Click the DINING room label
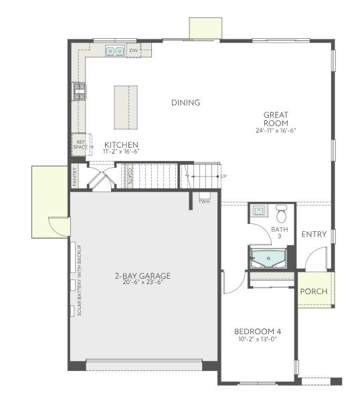tap(185, 102)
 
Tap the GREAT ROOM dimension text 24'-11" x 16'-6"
tap(276, 130)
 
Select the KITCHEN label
tap(121, 144)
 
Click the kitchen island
tap(126, 108)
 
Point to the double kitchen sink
tap(115, 51)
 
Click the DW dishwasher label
tap(134, 50)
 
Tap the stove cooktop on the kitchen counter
tap(80, 91)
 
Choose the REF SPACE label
tap(80, 144)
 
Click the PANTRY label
tap(75, 177)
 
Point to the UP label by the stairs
tap(223, 176)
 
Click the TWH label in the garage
tap(204, 202)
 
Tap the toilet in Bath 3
tap(281, 214)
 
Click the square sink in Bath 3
tap(258, 211)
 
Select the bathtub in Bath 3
tap(268, 258)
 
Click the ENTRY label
tap(314, 235)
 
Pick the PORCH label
tap(314, 291)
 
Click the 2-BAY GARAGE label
tap(143, 275)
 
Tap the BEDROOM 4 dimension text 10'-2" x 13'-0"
tap(258, 339)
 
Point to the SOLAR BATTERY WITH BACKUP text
tap(80, 280)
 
